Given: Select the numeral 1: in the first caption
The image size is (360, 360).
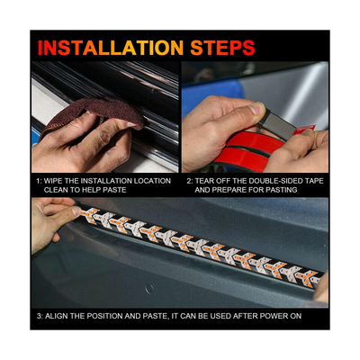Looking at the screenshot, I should coord(40,181).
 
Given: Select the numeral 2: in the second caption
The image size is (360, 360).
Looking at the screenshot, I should coord(190,181).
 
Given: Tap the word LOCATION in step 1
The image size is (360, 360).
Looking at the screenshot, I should coord(149,181).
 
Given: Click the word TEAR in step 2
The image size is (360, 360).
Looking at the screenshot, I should coord(209,181).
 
